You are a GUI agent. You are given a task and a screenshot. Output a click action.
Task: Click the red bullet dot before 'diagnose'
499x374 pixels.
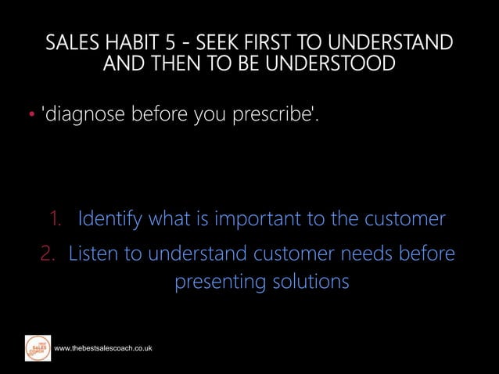click(x=32, y=117)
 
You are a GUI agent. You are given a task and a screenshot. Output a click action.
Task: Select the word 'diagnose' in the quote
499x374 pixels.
click(x=84, y=116)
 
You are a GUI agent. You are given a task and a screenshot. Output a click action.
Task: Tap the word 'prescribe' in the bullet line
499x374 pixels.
click(x=274, y=116)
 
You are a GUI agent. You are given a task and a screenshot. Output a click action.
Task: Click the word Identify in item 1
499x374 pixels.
click(x=109, y=218)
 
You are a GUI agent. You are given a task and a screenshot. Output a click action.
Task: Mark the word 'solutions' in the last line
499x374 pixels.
click(x=310, y=282)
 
